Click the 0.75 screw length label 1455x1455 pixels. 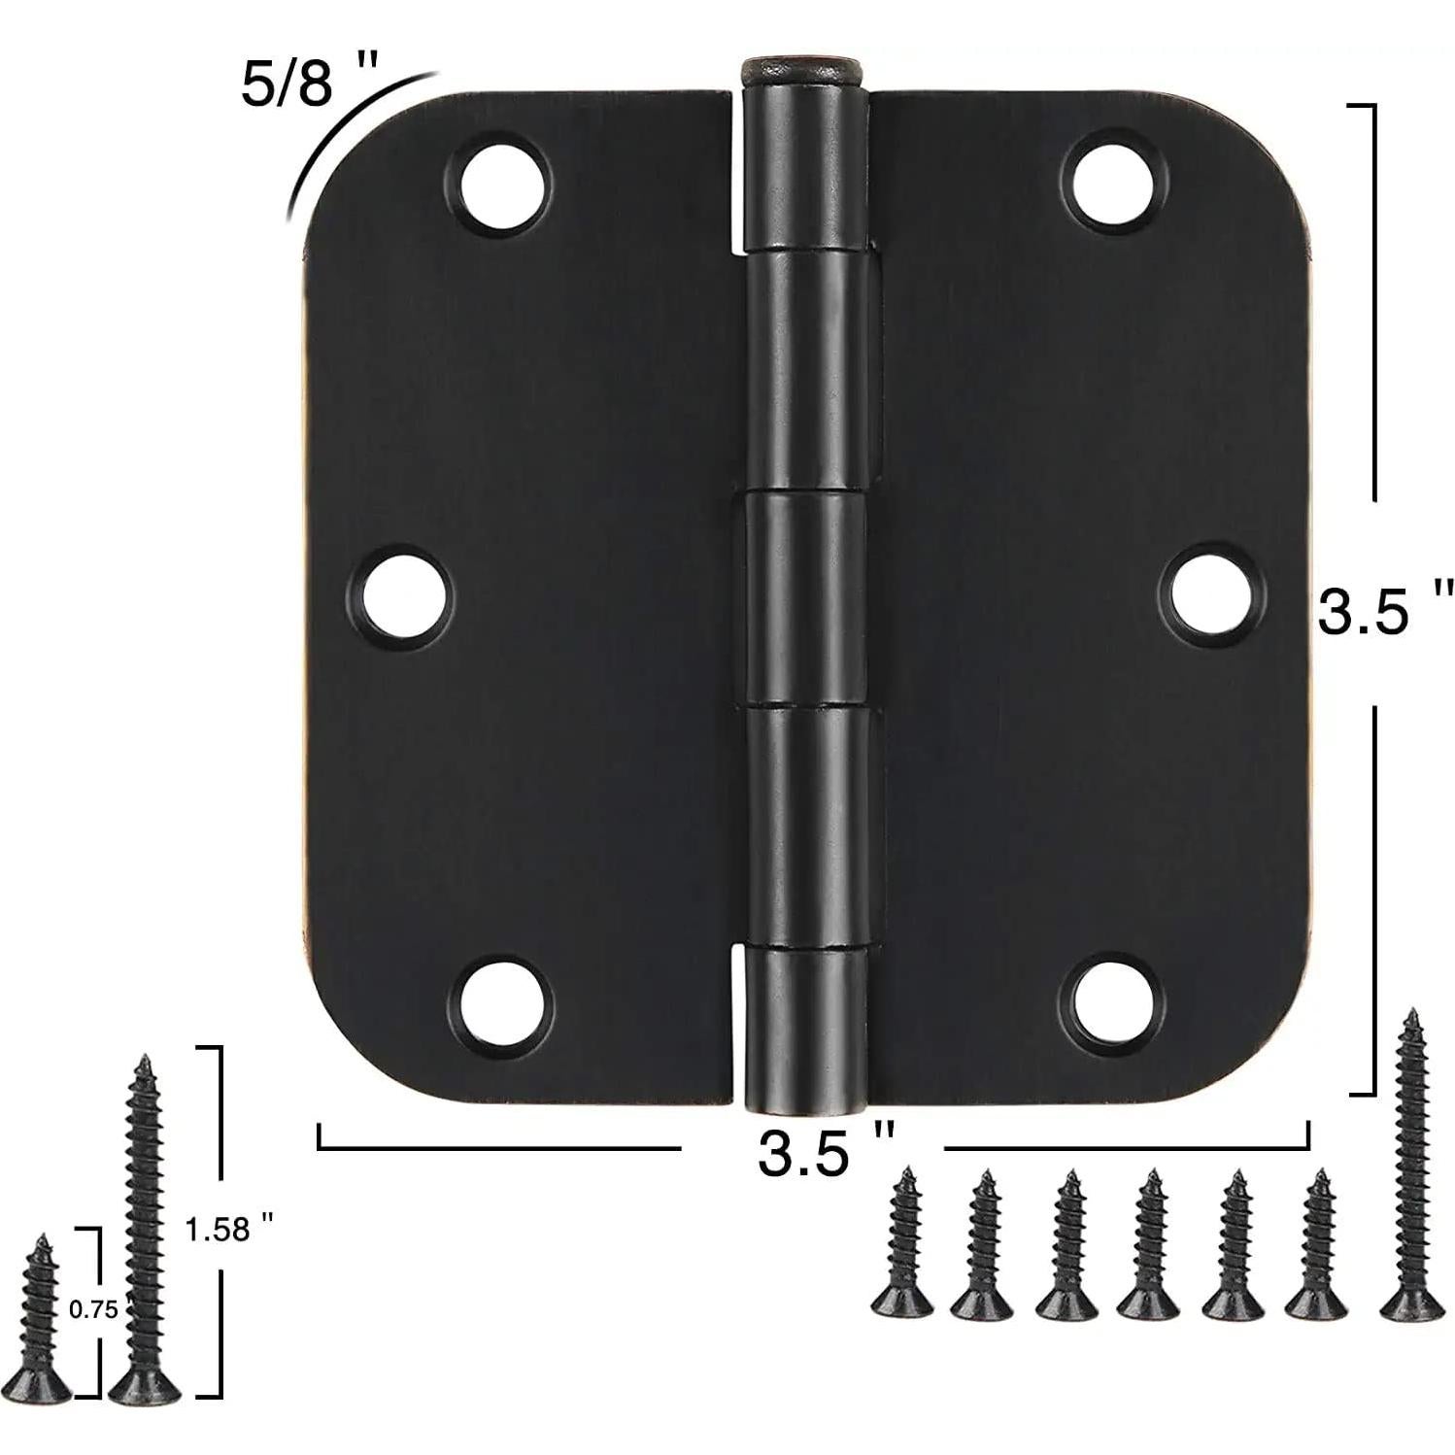(93, 1310)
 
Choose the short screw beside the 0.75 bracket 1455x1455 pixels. (40, 1316)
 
